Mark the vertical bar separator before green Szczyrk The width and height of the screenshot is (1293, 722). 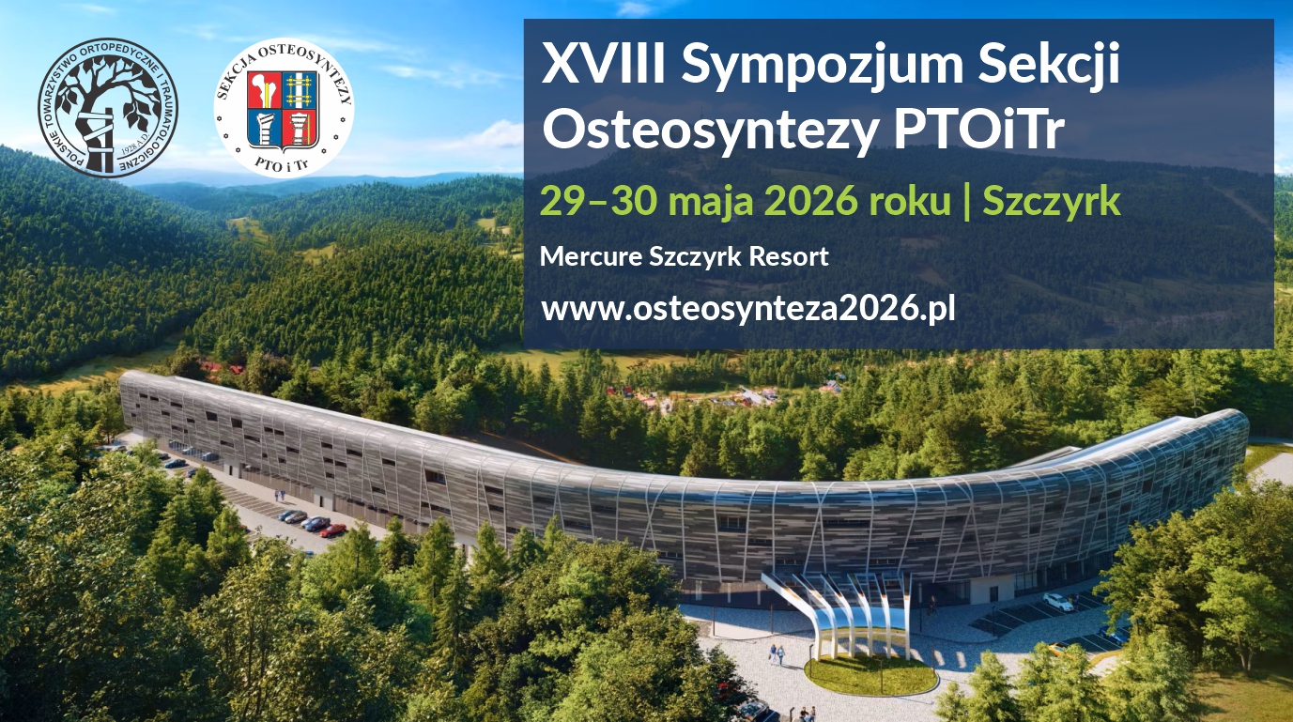click(968, 202)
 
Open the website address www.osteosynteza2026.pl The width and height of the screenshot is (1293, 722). click(748, 309)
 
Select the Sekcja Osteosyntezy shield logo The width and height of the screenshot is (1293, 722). click(284, 108)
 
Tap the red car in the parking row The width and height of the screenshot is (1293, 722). click(333, 530)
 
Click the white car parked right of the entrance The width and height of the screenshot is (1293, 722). click(1057, 602)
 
